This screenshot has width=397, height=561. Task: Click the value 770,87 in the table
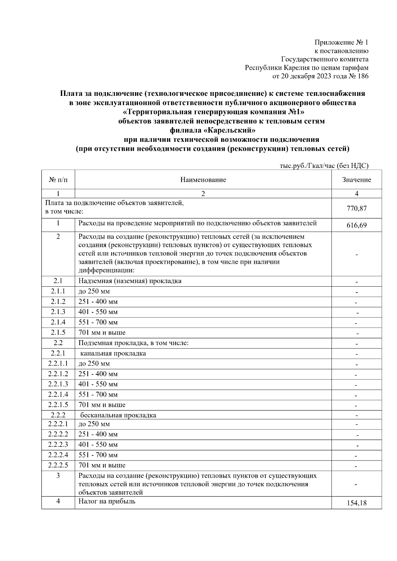tap(357, 209)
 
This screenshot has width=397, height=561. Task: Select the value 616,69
tap(357, 226)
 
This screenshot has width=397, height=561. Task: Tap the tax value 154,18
tap(357, 503)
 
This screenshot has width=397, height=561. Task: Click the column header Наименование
tap(203, 180)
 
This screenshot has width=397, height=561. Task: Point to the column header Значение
tap(357, 180)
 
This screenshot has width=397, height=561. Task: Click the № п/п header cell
tap(58, 180)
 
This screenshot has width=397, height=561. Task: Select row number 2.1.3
tap(58, 312)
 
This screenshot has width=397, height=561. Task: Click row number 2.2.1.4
tap(58, 394)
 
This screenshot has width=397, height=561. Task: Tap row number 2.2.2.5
tap(58, 465)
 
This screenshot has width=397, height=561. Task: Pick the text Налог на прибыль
tap(107, 501)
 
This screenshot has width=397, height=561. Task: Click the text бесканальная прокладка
tap(118, 415)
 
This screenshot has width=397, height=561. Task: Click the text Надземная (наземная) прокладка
tap(130, 281)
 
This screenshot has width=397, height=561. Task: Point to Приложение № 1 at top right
tap(341, 42)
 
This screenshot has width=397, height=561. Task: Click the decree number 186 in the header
tap(363, 76)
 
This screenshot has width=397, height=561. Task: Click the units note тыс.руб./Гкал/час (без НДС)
tap(324, 166)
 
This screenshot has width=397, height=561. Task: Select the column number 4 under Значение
tap(357, 194)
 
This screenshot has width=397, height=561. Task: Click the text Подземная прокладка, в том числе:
tap(133, 343)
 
